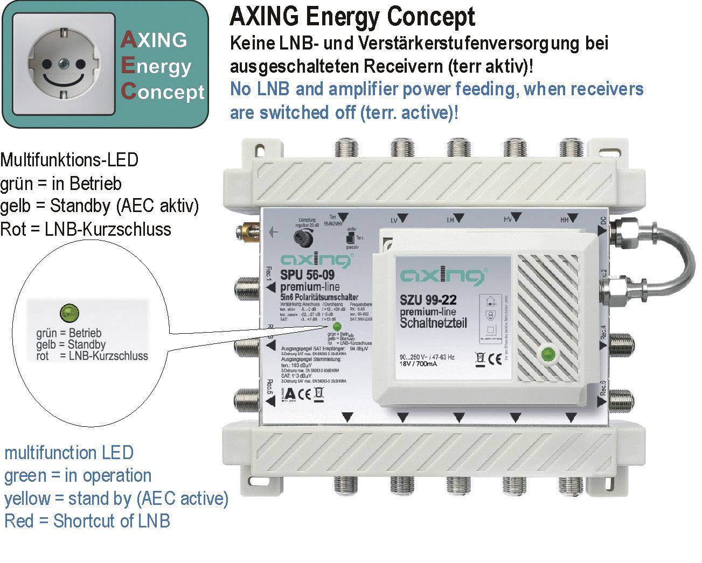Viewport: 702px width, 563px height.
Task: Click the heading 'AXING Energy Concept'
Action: tap(352, 17)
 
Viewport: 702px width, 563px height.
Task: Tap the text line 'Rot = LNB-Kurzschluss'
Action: tap(86, 229)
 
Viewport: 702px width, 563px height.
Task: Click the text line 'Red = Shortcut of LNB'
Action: tap(87, 521)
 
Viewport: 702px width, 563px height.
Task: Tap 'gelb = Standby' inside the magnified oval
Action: tap(71, 344)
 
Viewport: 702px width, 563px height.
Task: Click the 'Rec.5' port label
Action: tap(270, 388)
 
